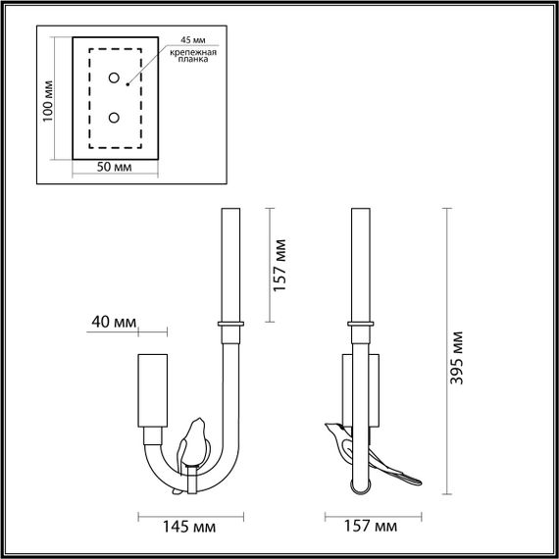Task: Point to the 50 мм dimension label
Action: (115, 169)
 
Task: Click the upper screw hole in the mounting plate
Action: (115, 78)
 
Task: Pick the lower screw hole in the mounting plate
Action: (115, 118)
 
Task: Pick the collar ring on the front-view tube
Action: (232, 323)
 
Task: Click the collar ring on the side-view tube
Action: (359, 323)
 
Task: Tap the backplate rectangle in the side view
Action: (346, 392)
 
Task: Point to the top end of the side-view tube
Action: (359, 210)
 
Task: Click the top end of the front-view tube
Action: (232, 210)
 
